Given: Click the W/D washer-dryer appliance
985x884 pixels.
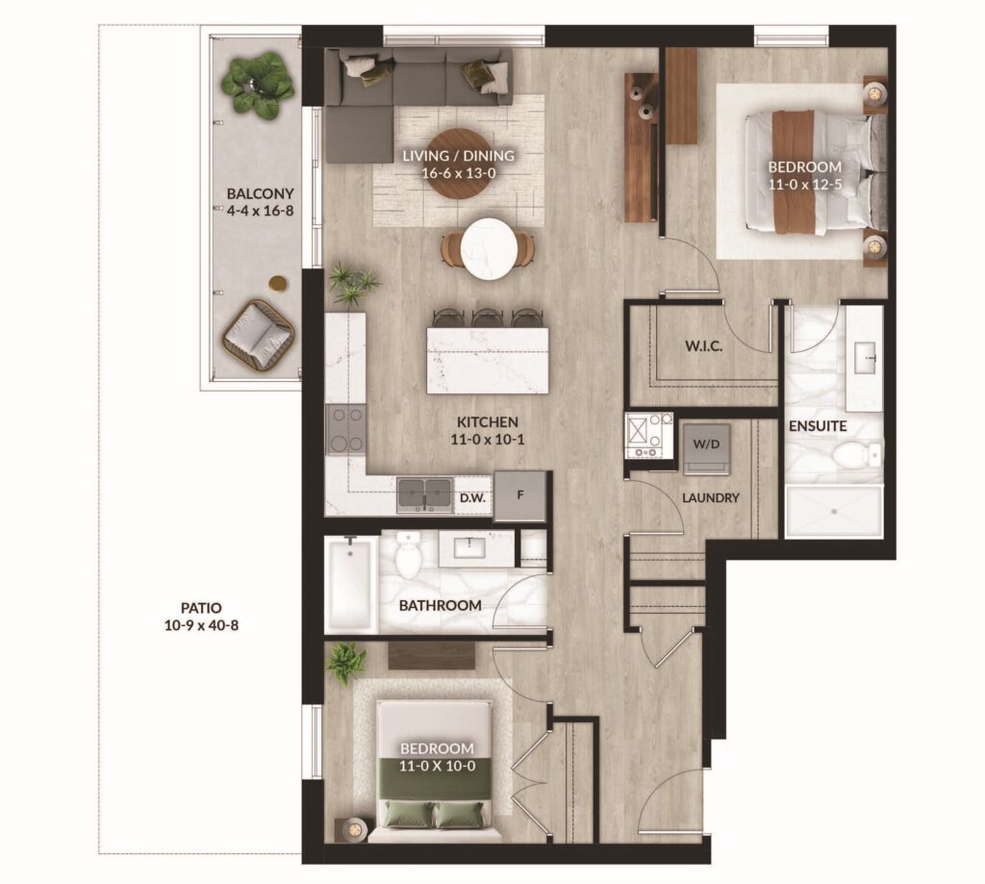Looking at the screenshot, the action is tap(707, 448).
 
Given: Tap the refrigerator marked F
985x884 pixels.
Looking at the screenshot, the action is tap(519, 495).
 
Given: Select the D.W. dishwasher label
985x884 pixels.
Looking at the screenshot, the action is tap(472, 498).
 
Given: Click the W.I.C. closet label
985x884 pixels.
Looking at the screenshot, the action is tap(703, 346).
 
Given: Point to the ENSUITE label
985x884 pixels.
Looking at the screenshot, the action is tap(818, 426).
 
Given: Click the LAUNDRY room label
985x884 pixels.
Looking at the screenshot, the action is tap(711, 498).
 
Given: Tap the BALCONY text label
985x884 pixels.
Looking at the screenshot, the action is tap(260, 193).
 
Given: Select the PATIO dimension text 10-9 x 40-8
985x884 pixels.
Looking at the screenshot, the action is tap(201, 626).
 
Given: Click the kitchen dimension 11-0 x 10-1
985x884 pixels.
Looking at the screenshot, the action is tap(488, 440).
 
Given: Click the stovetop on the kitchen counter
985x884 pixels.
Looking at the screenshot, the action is tap(345, 430).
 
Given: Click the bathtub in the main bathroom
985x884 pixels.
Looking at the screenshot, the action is tap(351, 584).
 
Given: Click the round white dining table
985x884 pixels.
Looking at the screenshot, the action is tap(489, 249).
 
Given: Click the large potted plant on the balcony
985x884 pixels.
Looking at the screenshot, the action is tap(258, 86).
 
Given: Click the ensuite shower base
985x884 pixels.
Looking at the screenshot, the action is tap(834, 511).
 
